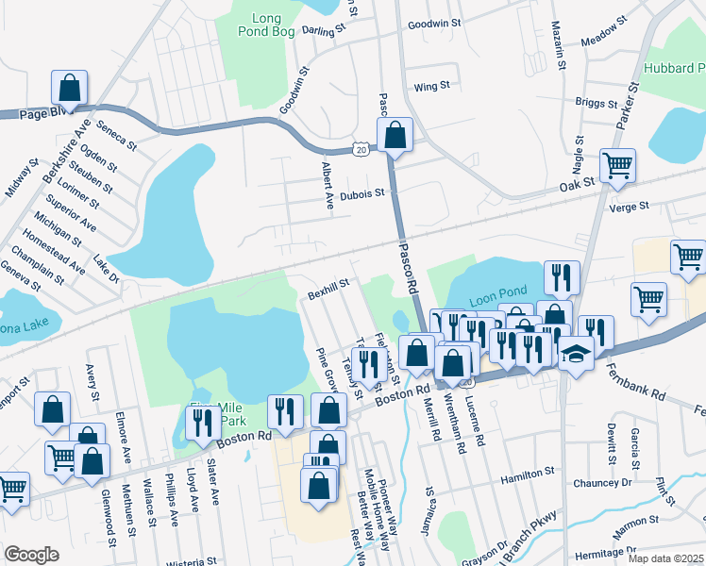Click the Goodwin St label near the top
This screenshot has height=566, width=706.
click(x=433, y=23)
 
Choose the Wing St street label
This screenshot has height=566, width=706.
click(x=431, y=86)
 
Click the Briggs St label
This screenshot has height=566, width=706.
click(x=594, y=102)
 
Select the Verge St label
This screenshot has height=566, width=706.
click(x=630, y=206)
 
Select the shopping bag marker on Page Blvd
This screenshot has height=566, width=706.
click(x=70, y=89)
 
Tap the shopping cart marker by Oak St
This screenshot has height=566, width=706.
click(x=617, y=166)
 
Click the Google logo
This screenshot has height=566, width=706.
click(x=31, y=554)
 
